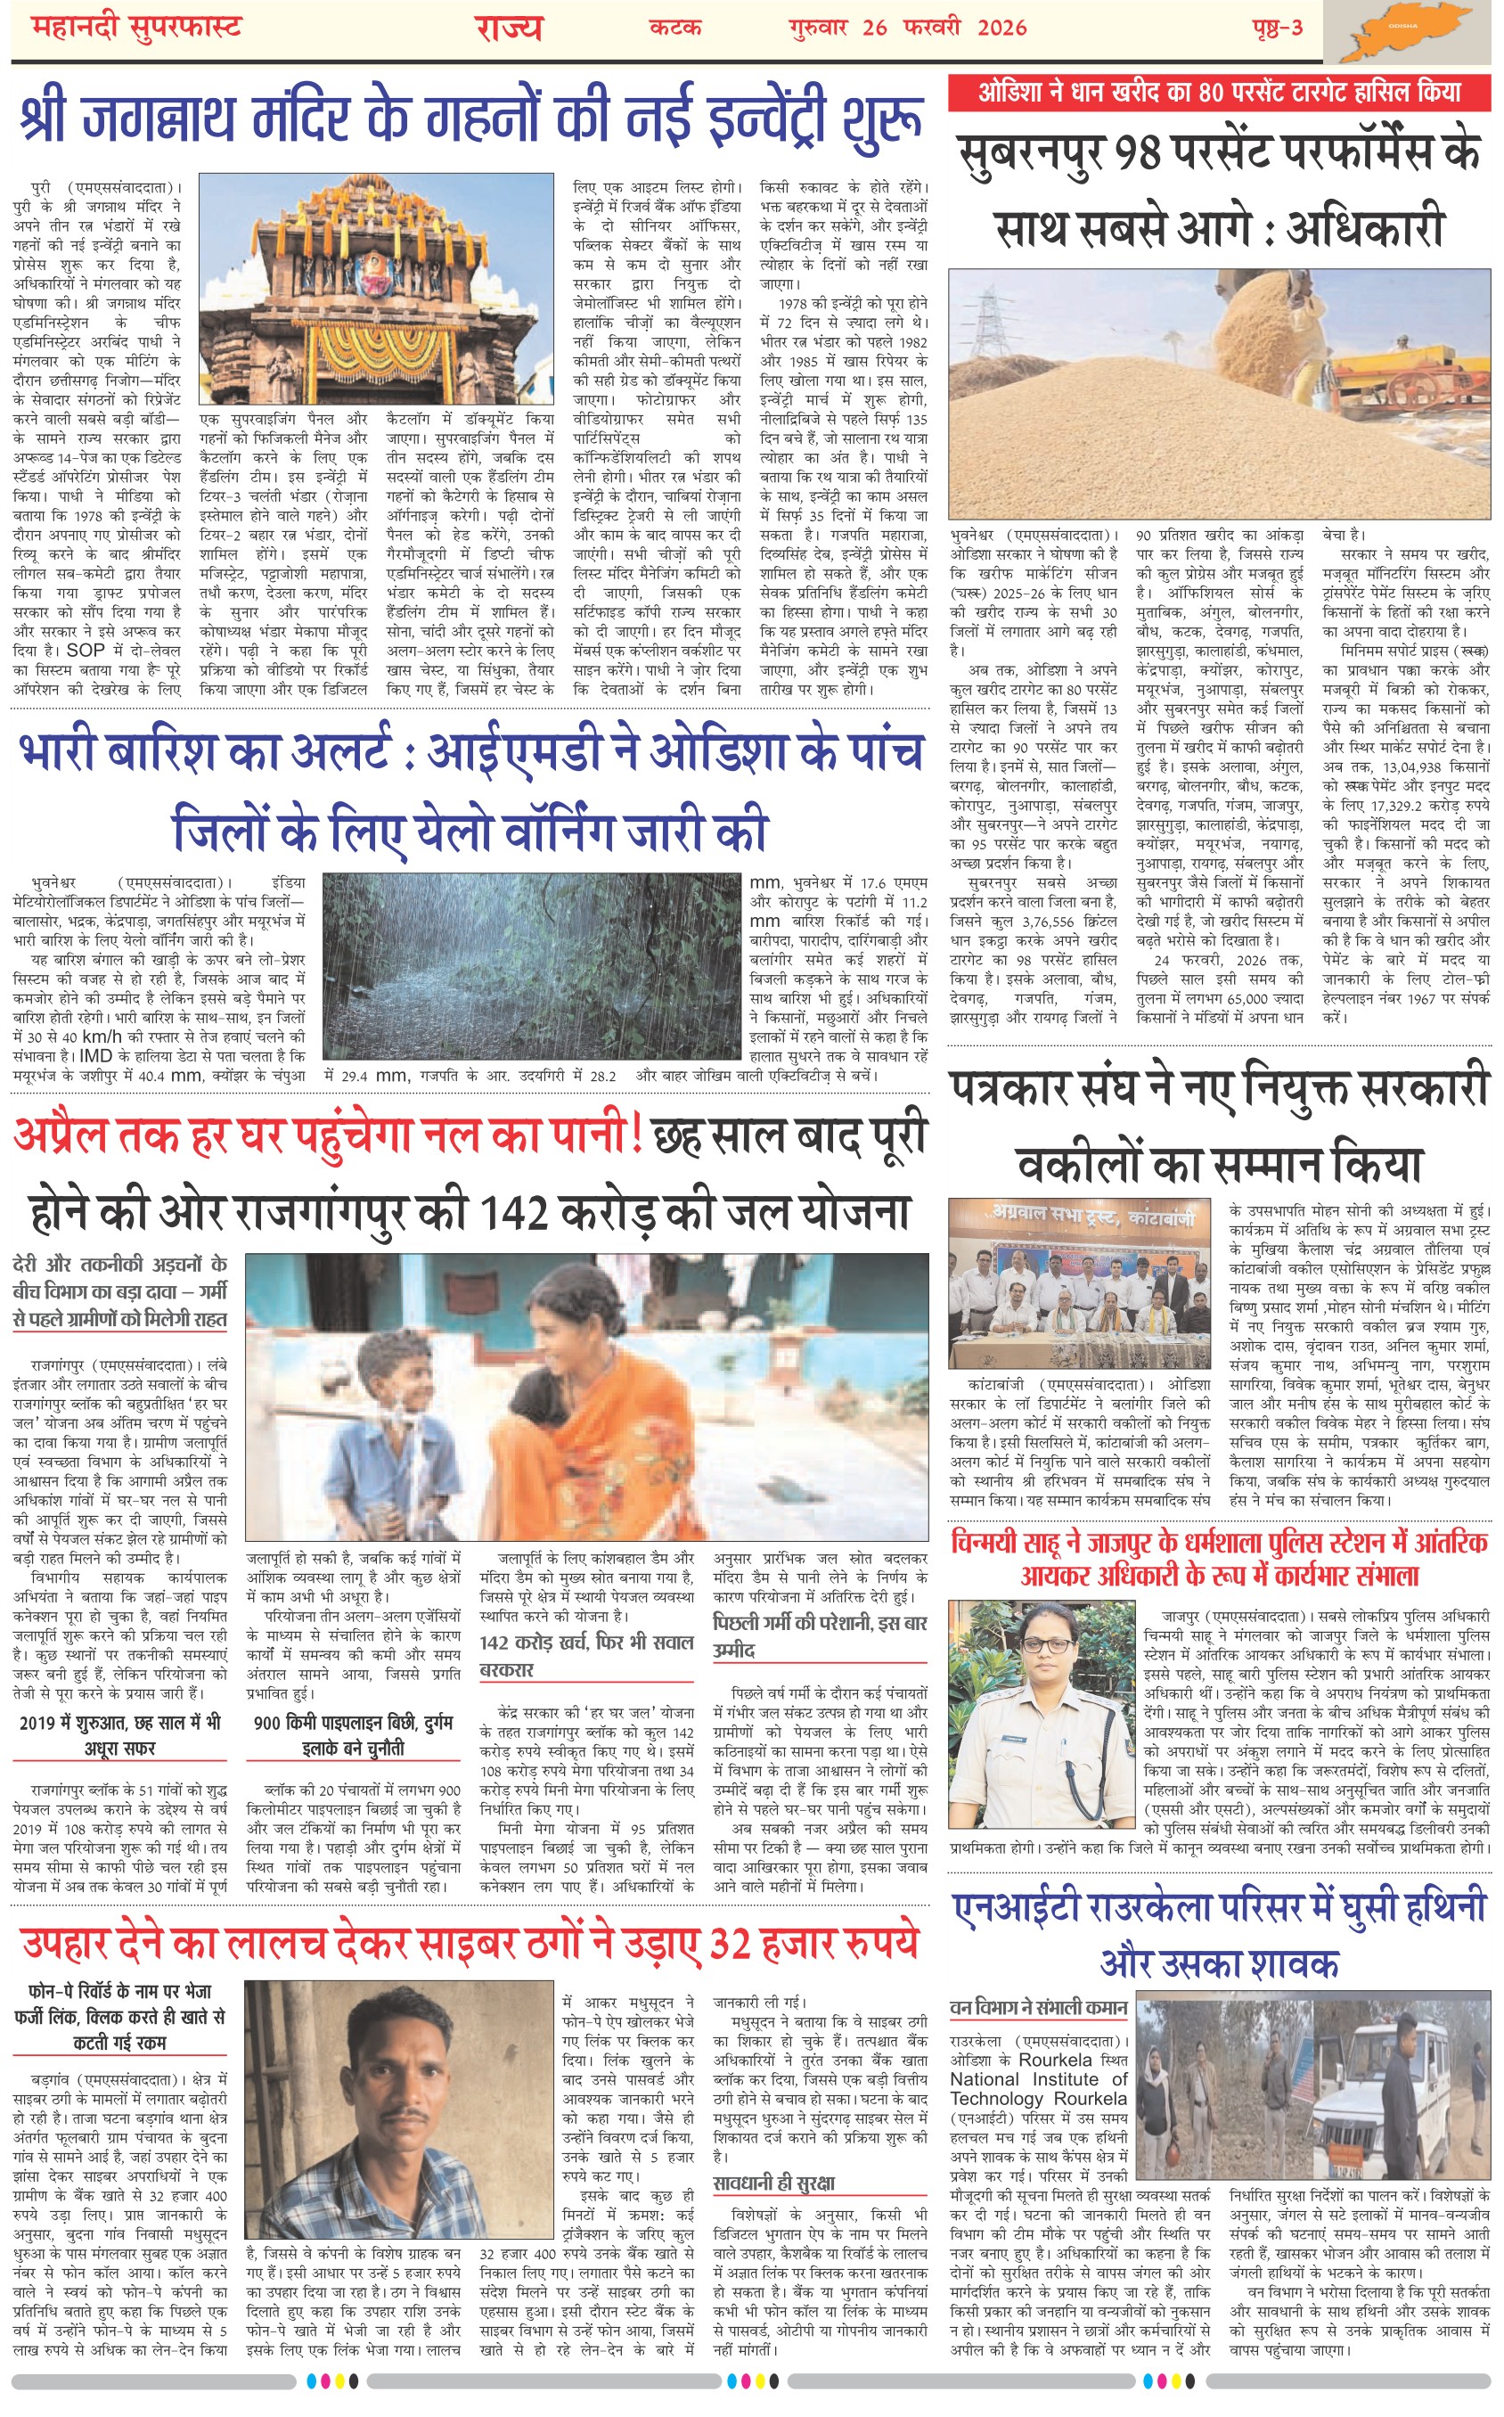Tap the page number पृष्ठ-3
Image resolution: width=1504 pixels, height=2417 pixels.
point(1277,28)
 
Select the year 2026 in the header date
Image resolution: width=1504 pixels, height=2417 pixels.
point(1001,28)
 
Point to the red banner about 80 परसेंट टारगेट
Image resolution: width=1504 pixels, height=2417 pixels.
point(1219,93)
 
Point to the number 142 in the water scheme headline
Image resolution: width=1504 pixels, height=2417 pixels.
point(514,1212)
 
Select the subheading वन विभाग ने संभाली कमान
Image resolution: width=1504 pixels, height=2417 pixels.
point(1039,2007)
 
